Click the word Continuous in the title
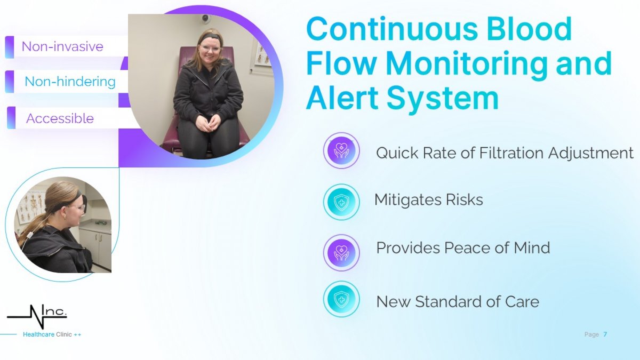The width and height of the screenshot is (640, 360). pyautogui.click(x=392, y=29)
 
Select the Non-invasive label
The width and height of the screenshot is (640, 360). pyautogui.click(x=62, y=46)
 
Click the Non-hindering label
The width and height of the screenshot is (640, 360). pyautogui.click(x=70, y=82)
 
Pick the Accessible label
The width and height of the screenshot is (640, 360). pyautogui.click(x=60, y=118)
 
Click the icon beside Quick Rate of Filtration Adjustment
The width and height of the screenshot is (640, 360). pyautogui.click(x=341, y=150)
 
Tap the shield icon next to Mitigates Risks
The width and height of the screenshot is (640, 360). pyautogui.click(x=341, y=202)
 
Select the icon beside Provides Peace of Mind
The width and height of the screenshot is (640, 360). pyautogui.click(x=341, y=253)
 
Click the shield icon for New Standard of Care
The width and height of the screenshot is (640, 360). pyautogui.click(x=341, y=299)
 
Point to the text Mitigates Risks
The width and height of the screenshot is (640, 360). pyautogui.click(x=429, y=199)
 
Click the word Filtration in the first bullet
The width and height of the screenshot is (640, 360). pyautogui.click(x=511, y=153)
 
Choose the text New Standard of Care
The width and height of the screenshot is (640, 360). pyautogui.click(x=458, y=302)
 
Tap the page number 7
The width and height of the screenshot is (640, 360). pyautogui.click(x=605, y=334)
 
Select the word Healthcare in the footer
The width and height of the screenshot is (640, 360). pyautogui.click(x=38, y=334)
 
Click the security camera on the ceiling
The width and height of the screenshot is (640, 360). pyautogui.click(x=205, y=18)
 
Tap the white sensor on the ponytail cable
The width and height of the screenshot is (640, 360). pyautogui.click(x=30, y=236)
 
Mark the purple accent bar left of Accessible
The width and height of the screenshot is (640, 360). pyautogui.click(x=11, y=118)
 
